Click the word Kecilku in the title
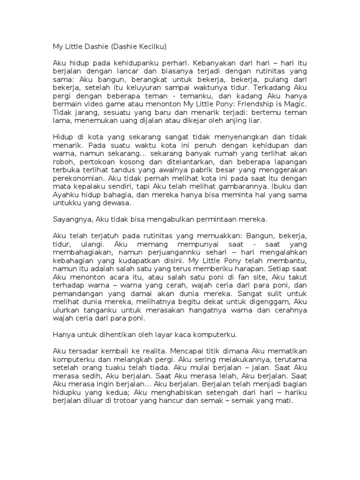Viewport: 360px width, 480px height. coord(150,47)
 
